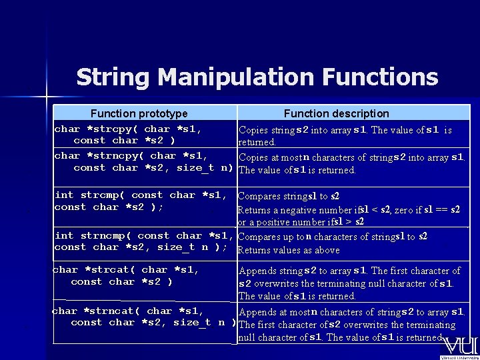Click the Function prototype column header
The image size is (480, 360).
139,113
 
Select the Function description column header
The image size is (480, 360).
336,113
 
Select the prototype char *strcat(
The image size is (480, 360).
93,269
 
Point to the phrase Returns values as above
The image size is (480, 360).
289,250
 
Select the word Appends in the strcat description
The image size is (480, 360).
257,271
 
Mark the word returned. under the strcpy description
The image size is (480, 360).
257,142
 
